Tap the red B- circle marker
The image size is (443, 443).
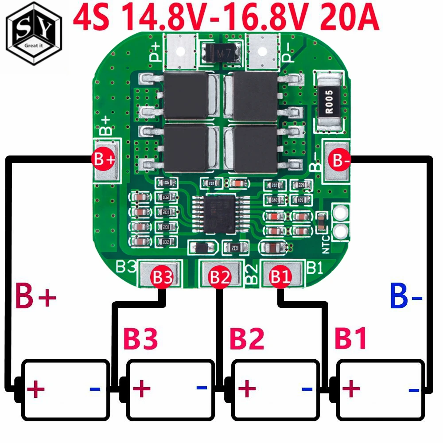tap(341, 161)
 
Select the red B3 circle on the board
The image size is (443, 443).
tap(162, 277)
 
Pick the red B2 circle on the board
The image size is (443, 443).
tap(220, 277)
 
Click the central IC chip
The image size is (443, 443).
tap(216, 216)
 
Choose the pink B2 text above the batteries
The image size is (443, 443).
tap(246, 339)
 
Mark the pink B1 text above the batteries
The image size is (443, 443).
tap(350, 339)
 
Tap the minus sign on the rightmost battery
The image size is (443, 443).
tap(414, 390)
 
